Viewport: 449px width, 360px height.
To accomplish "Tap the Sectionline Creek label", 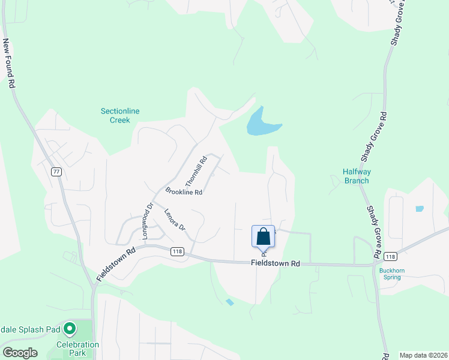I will pyautogui.click(x=115, y=115).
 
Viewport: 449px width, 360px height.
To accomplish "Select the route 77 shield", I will pyautogui.click(x=56, y=172).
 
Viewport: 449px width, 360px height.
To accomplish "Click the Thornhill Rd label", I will pyautogui.click(x=196, y=170).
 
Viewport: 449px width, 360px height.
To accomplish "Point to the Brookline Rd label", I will pyautogui.click(x=184, y=192).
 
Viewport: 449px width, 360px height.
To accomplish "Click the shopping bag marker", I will pyautogui.click(x=263, y=236).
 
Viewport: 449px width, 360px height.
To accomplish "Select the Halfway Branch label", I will pyautogui.click(x=357, y=176).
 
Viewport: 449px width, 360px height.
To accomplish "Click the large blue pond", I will pyautogui.click(x=260, y=124).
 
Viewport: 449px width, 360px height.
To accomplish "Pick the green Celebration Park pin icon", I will pyautogui.click(x=70, y=328).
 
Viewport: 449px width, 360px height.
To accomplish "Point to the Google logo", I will pyautogui.click(x=19, y=353).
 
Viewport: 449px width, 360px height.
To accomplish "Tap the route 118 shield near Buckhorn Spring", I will pyautogui.click(x=391, y=256).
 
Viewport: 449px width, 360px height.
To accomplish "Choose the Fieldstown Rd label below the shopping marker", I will pyautogui.click(x=274, y=263).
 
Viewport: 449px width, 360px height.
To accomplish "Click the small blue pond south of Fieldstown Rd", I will pyautogui.click(x=229, y=302).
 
